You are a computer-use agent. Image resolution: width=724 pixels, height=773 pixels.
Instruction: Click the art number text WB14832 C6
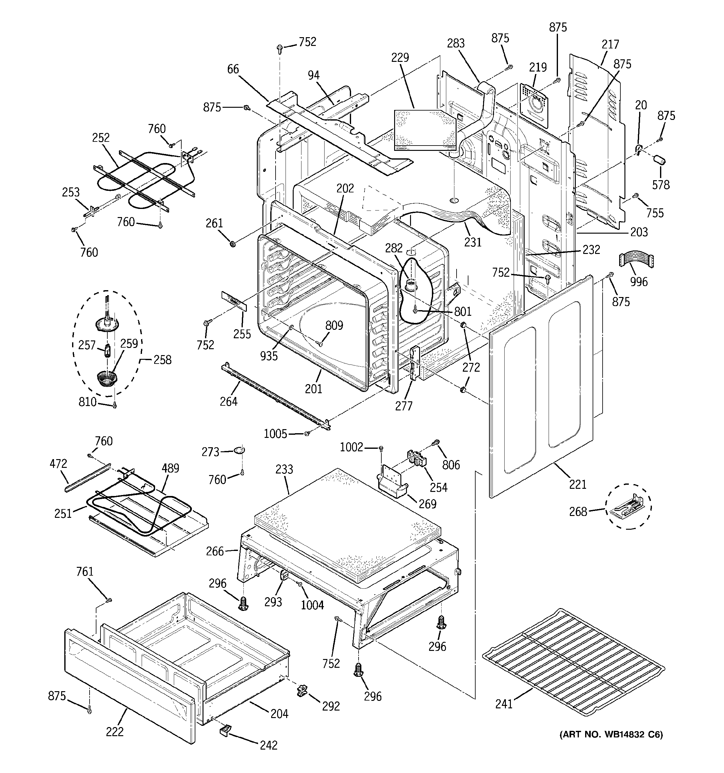(611, 735)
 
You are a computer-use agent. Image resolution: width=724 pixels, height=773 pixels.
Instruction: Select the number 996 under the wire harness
(639, 281)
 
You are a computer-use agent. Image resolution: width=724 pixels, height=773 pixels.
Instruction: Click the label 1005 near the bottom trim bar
(275, 434)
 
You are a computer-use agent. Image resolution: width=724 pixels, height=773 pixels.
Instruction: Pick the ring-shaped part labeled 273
(240, 450)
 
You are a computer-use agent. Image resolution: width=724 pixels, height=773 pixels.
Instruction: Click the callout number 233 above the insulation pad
(284, 469)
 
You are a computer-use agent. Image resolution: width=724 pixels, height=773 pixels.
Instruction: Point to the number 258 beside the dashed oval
(162, 360)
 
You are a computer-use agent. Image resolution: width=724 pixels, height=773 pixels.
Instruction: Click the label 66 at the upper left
(233, 69)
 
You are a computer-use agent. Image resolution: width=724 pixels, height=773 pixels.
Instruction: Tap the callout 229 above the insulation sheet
(400, 57)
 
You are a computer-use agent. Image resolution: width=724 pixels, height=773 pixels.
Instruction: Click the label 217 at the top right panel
(610, 44)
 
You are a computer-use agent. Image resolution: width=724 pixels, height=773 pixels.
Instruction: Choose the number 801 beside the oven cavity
(462, 311)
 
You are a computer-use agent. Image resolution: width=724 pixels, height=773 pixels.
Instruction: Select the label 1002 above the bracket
(351, 448)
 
